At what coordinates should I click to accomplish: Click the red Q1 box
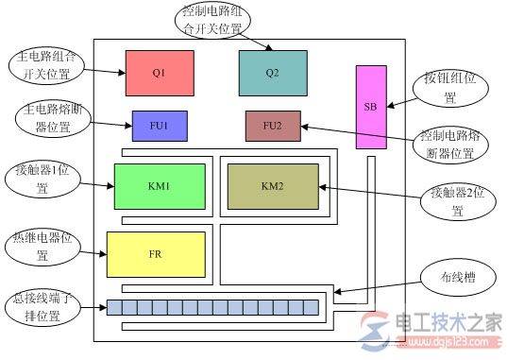[x=159, y=72]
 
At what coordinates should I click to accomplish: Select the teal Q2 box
[x=273, y=72]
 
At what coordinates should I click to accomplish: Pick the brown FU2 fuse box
[x=272, y=126]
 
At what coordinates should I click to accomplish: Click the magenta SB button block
[x=370, y=107]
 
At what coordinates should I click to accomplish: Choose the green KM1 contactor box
[x=159, y=185]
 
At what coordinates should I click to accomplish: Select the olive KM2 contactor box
[x=272, y=185]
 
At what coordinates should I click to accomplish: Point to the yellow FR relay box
[x=156, y=254]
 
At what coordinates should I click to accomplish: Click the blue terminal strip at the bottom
[x=212, y=307]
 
